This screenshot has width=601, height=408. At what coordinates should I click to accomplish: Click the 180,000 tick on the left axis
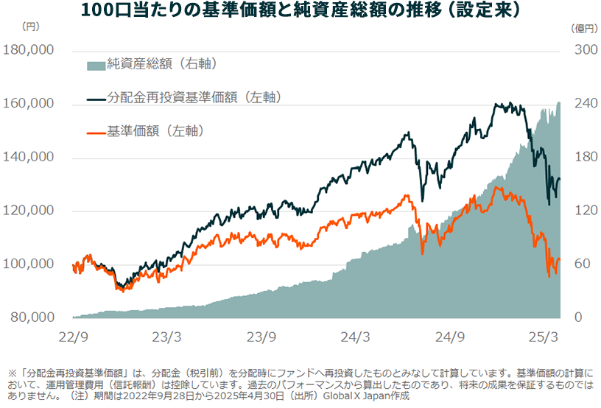[29, 51]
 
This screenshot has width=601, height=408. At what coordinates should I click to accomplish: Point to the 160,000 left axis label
[29, 104]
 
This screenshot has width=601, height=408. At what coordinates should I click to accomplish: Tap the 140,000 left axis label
[29, 158]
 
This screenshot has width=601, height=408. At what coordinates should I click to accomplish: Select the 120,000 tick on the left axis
[29, 211]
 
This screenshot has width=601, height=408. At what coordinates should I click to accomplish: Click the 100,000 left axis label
[29, 264]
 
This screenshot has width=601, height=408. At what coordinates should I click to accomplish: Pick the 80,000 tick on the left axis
[32, 317]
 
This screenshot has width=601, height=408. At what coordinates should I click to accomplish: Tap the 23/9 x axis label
[261, 336]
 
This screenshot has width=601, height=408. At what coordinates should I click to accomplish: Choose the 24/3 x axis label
[355, 336]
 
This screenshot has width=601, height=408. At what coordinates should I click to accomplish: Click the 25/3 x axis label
[543, 336]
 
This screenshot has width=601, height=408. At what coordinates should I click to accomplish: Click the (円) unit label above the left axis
[32, 28]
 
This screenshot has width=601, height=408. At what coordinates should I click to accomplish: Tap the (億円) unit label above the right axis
[581, 28]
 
